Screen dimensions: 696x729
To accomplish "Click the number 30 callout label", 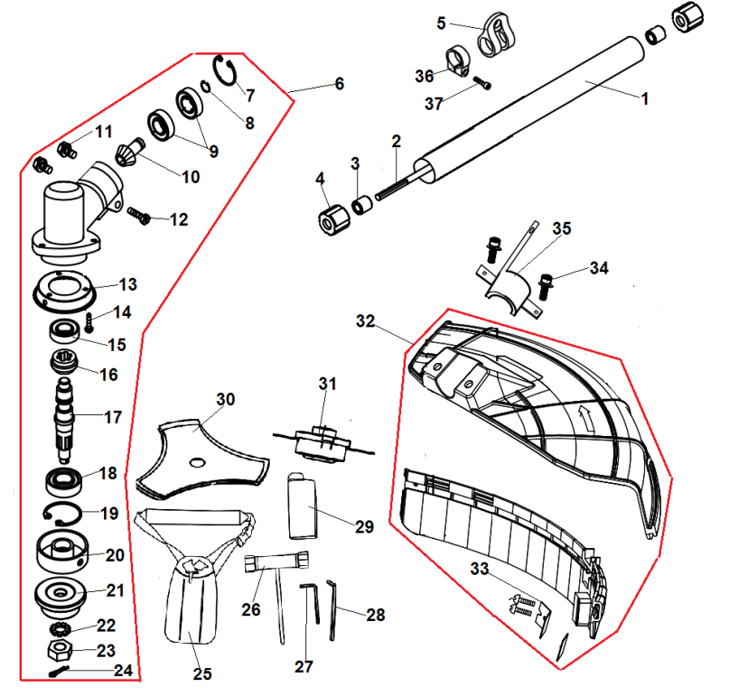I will tap(225, 399).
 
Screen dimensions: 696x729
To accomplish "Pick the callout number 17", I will tap(113, 418).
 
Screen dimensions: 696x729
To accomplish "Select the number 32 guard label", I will tap(365, 321).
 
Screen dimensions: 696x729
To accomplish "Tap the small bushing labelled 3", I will tap(363, 205).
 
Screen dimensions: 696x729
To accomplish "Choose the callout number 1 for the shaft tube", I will tap(645, 100).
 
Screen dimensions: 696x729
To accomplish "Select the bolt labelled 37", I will tap(482, 84).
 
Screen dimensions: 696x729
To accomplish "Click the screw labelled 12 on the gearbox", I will tap(139, 215).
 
